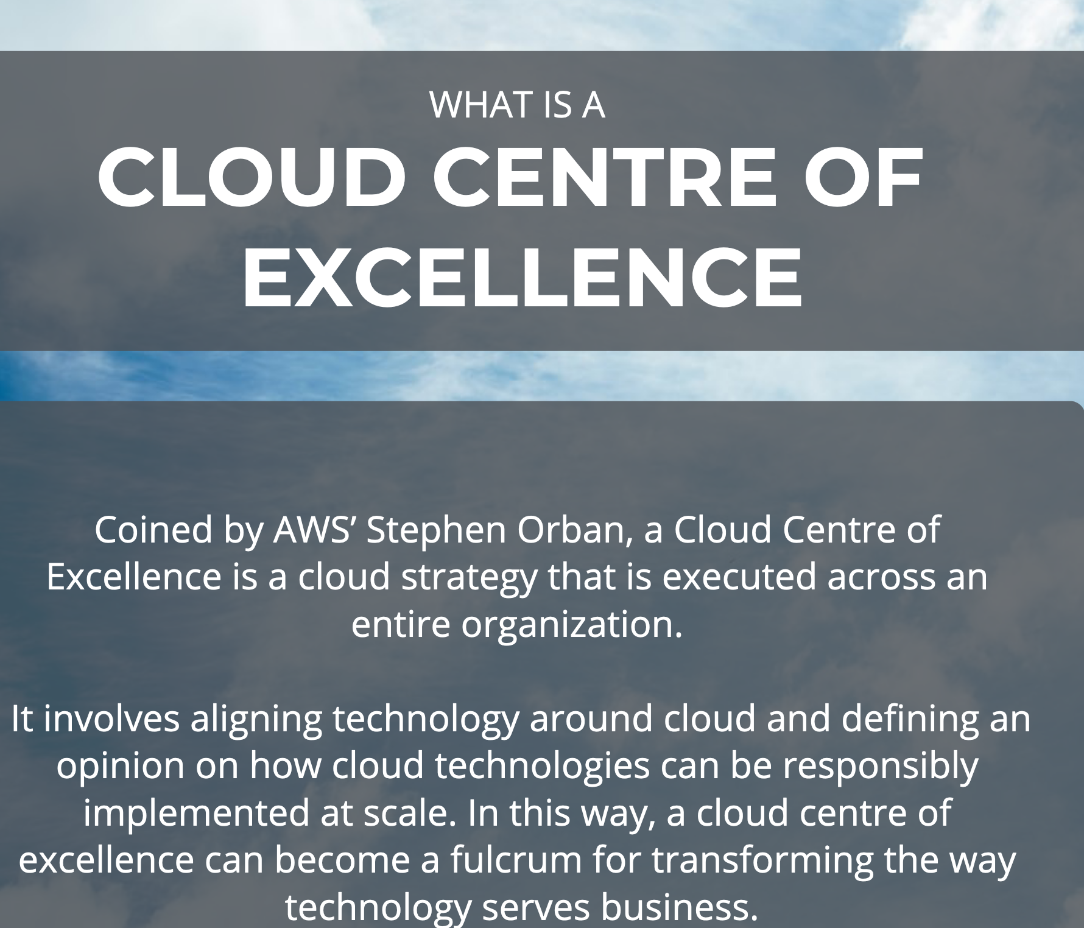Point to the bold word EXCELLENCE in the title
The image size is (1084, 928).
pos(522,278)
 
